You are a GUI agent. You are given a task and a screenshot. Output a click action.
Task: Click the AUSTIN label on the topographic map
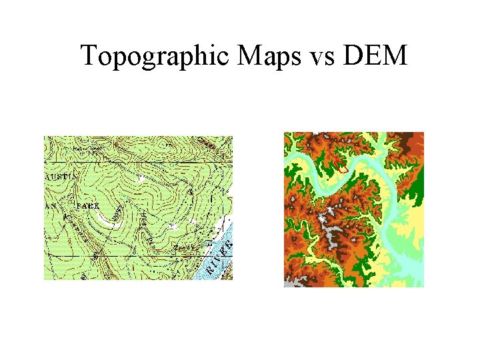click(61, 176)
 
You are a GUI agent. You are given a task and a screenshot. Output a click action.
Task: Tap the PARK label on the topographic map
click(87, 206)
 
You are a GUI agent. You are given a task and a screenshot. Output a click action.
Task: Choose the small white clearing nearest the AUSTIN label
click(140, 178)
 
